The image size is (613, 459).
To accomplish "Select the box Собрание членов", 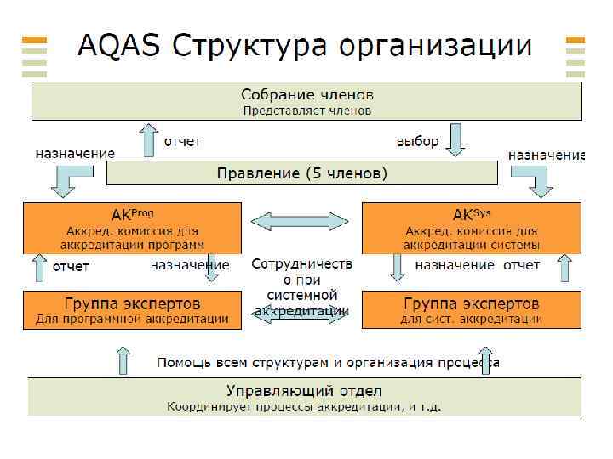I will pyautogui.click(x=306, y=100).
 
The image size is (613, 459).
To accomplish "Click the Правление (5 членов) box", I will pyautogui.click(x=301, y=173).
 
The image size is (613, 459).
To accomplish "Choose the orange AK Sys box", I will pyautogui.click(x=472, y=227).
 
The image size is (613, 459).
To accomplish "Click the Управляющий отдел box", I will pyautogui.click(x=305, y=397).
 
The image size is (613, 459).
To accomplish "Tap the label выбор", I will pyautogui.click(x=417, y=141).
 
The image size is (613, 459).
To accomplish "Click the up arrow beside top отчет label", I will pyautogui.click(x=149, y=138).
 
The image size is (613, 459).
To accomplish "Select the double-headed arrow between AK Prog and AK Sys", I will pyautogui.click(x=302, y=221).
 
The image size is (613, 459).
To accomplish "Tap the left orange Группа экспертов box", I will pyautogui.click(x=132, y=310).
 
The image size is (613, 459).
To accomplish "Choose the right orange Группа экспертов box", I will pyautogui.click(x=472, y=310).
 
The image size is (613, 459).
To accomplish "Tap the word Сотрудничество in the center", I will pyautogui.click(x=302, y=264).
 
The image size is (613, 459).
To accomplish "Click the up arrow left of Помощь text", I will pyautogui.click(x=123, y=360).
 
